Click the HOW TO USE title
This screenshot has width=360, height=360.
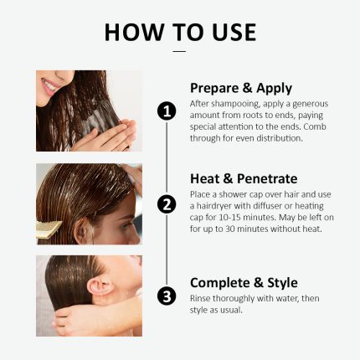click(180, 32)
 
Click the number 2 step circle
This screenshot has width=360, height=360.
click(167, 204)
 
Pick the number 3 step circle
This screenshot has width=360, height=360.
click(167, 296)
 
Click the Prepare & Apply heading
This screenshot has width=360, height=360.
click(241, 88)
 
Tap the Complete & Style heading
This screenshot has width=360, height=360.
click(244, 282)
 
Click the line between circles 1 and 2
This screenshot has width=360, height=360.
click(167, 157)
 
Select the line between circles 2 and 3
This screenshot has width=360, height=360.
click(167, 249)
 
